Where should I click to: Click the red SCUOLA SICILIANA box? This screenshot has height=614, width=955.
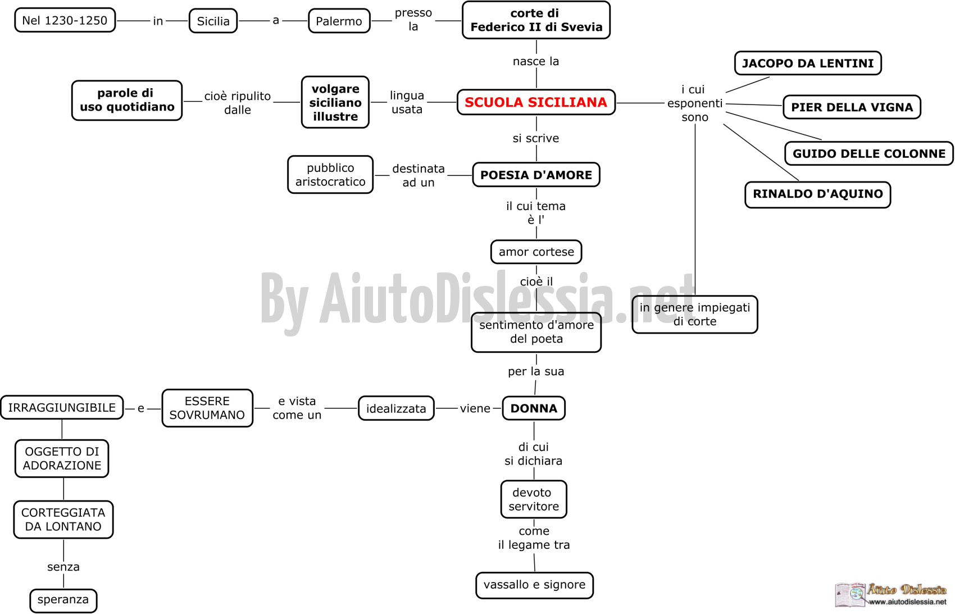pyautogui.click(x=536, y=102)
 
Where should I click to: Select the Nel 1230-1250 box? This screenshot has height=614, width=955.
pyautogui.click(x=65, y=20)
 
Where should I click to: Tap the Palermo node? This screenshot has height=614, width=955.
pyautogui.click(x=339, y=21)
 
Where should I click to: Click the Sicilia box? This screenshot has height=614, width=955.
pyautogui.click(x=213, y=21)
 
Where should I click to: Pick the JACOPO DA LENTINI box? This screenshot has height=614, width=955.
pyautogui.click(x=808, y=63)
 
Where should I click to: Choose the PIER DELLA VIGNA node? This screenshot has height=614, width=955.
pyautogui.click(x=852, y=107)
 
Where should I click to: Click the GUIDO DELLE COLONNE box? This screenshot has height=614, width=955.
pyautogui.click(x=869, y=153)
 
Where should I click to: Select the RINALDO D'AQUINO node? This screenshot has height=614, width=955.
pyautogui.click(x=818, y=194)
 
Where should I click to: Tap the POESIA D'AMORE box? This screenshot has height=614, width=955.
pyautogui.click(x=536, y=175)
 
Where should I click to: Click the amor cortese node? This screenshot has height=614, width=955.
pyautogui.click(x=536, y=252)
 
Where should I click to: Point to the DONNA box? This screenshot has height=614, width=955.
pyautogui.click(x=534, y=408)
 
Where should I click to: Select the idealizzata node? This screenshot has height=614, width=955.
pyautogui.click(x=396, y=408)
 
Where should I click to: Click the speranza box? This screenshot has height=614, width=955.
pyautogui.click(x=63, y=601)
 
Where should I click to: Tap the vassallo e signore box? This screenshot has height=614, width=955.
pyautogui.click(x=535, y=585)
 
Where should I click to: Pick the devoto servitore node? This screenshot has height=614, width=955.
pyautogui.click(x=534, y=499)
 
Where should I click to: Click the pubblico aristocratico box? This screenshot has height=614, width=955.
pyautogui.click(x=330, y=175)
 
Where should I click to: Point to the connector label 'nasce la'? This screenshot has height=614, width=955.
pyautogui.click(x=536, y=61)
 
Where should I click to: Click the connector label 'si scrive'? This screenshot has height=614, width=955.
pyautogui.click(x=536, y=138)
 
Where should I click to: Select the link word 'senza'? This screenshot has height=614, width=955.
pyautogui.click(x=63, y=567)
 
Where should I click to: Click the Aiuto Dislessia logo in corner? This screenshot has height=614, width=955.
pyautogui.click(x=891, y=594)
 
